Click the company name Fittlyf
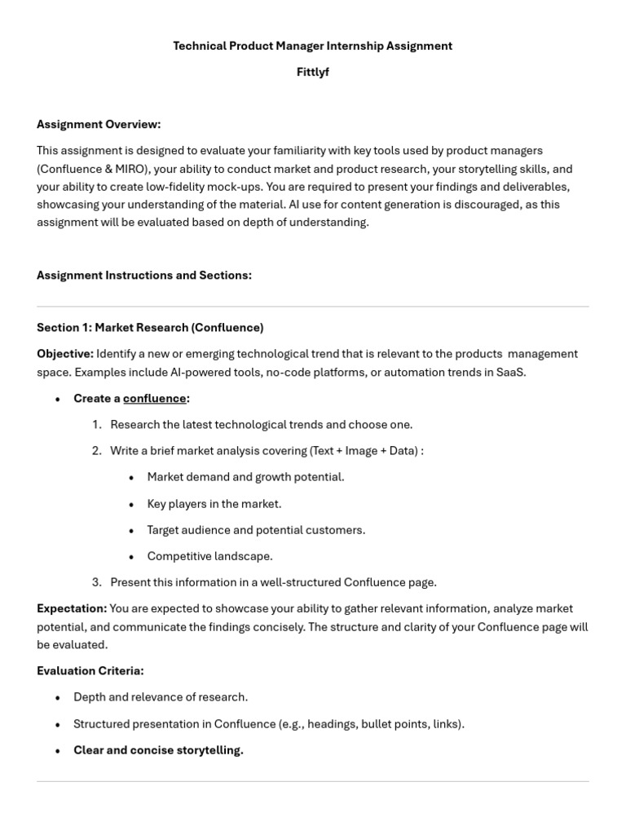pyautogui.click(x=312, y=72)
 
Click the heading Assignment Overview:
pyautogui.click(x=99, y=124)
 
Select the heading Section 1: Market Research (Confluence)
pyautogui.click(x=150, y=327)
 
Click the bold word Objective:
pyautogui.click(x=65, y=354)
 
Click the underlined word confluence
pyautogui.click(x=154, y=398)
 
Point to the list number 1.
pyautogui.click(x=96, y=424)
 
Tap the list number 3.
pyautogui.click(x=96, y=582)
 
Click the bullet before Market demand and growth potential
pyautogui.click(x=131, y=477)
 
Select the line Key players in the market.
pyautogui.click(x=214, y=504)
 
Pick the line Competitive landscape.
pyautogui.click(x=209, y=556)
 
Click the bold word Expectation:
pyautogui.click(x=72, y=608)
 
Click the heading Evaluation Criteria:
pyautogui.click(x=90, y=670)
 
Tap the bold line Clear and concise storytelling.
pyautogui.click(x=158, y=750)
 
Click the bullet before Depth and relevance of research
pyautogui.click(x=58, y=698)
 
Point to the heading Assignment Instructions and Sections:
pyautogui.click(x=144, y=275)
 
